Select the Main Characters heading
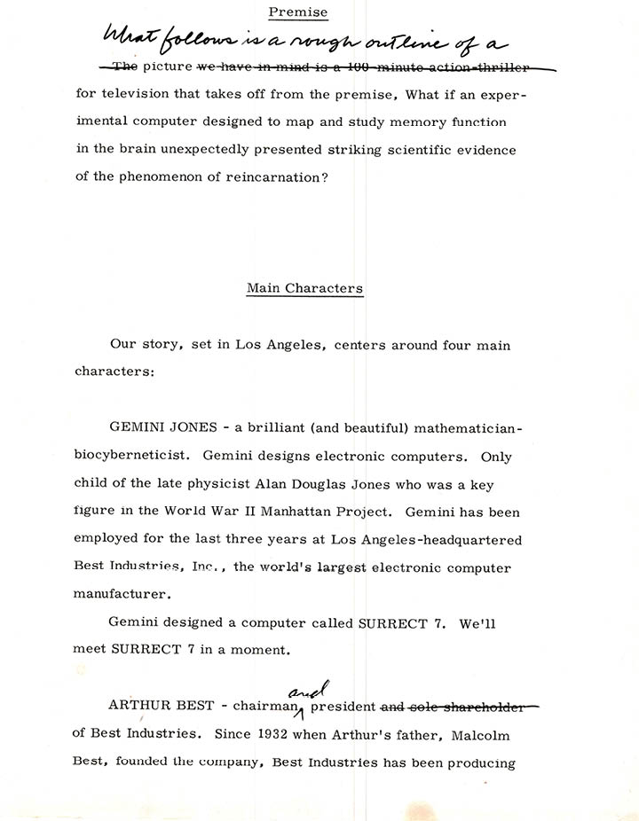[304, 288]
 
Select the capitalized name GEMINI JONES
[162, 427]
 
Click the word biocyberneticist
[130, 457]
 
